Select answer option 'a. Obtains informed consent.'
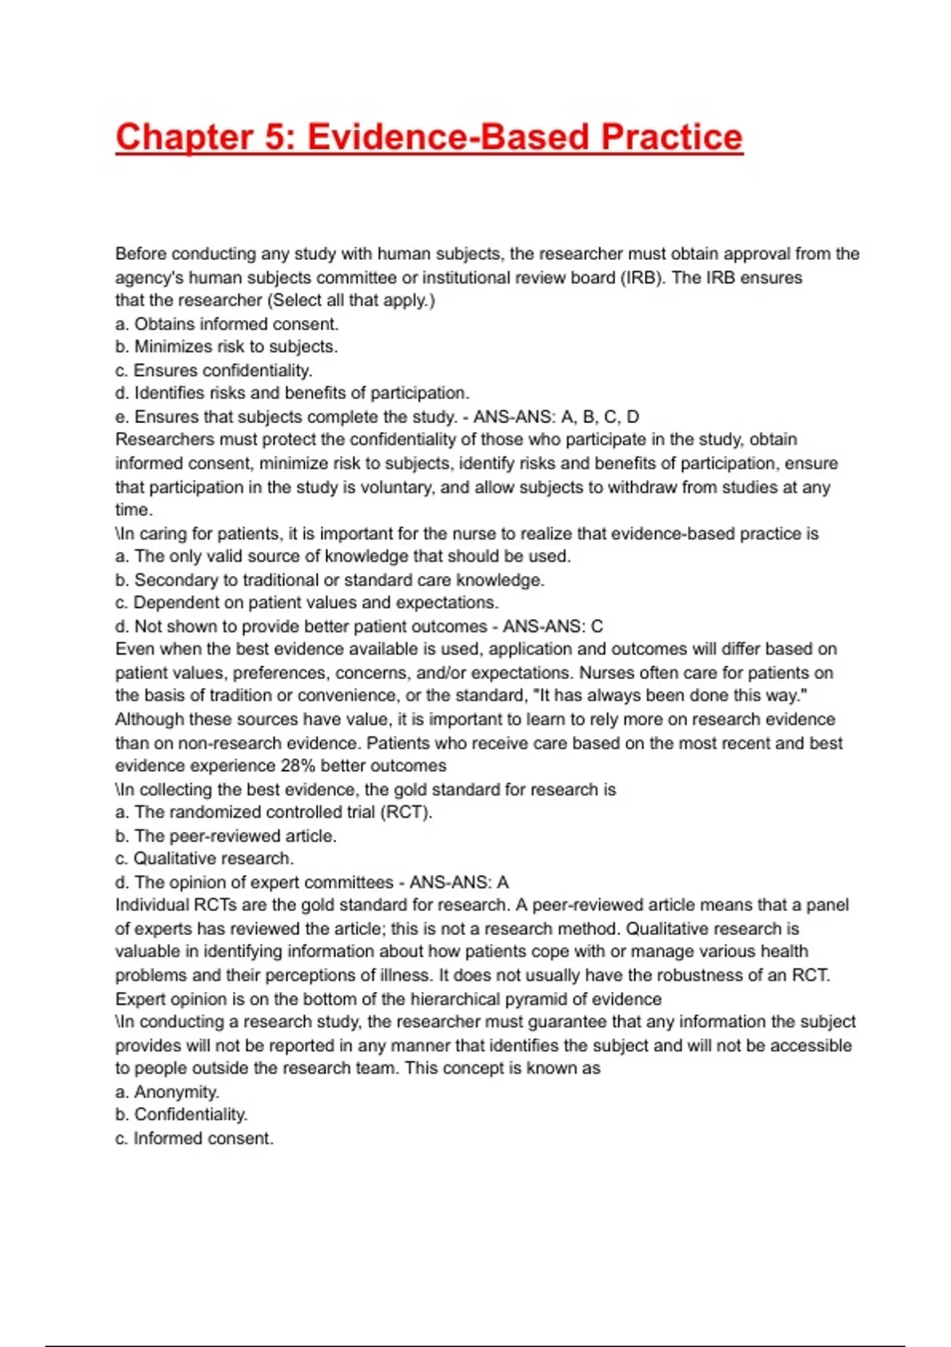click(227, 324)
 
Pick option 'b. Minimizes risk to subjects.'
click(227, 347)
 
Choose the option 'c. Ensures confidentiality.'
click(214, 370)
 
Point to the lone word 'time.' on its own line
click(134, 509)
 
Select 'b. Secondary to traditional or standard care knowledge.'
click(330, 580)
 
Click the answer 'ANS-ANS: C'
click(553, 627)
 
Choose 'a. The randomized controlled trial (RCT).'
click(273, 812)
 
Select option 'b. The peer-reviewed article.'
click(226, 836)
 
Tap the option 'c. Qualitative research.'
click(204, 859)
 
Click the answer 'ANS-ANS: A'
click(459, 883)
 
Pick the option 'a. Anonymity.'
click(167, 1092)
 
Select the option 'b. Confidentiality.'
click(181, 1115)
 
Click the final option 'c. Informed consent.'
click(194, 1139)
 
